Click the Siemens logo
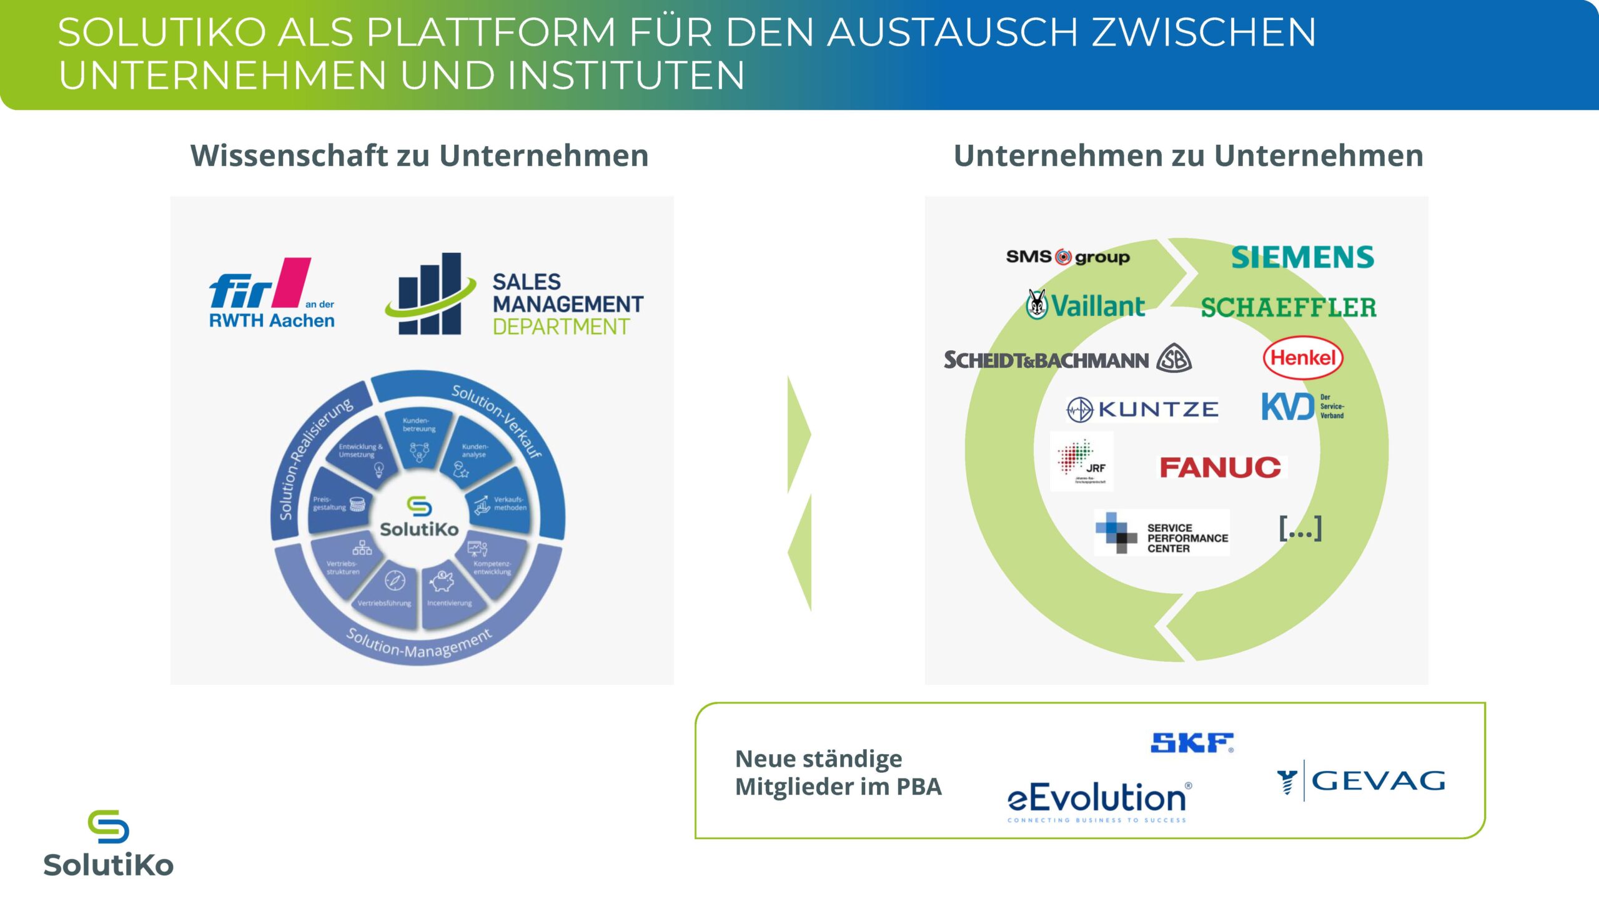click(1302, 257)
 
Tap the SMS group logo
click(1067, 257)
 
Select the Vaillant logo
click(1086, 306)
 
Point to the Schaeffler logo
click(1288, 307)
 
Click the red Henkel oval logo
click(1303, 358)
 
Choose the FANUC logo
click(1220, 467)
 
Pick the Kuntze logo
click(1142, 410)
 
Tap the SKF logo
click(1192, 742)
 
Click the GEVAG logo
click(1361, 781)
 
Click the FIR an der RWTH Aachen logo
click(272, 293)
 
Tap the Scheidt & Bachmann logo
click(1067, 360)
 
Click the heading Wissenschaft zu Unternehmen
click(419, 155)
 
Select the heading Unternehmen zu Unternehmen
click(1188, 155)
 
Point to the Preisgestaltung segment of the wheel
click(338, 504)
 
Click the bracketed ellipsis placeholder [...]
click(1300, 528)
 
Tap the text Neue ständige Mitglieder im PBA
click(838, 773)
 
